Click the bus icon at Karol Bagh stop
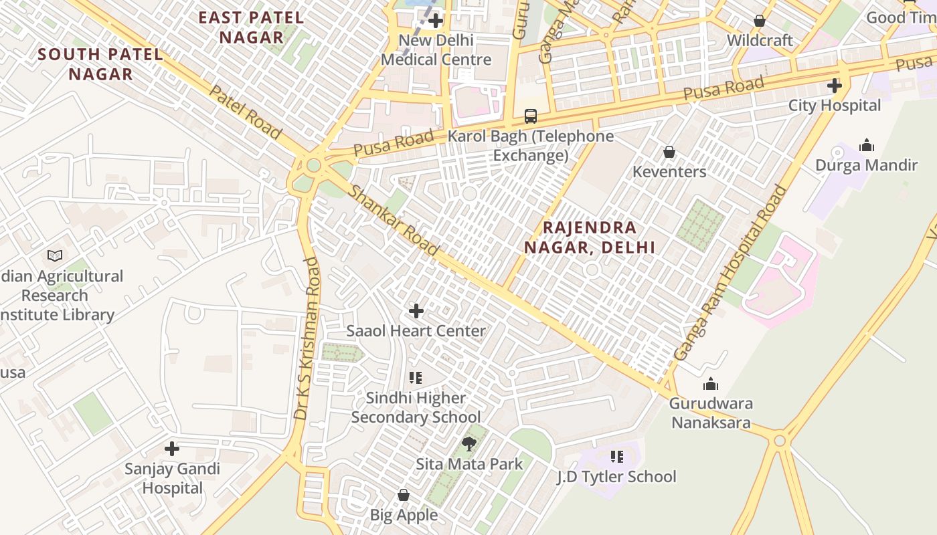530,116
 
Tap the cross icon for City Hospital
834,86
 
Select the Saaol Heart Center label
416,331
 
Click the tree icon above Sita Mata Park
469,443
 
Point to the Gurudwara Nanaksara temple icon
711,384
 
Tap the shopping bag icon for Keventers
669,152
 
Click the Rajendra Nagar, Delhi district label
589,237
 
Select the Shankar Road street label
394,221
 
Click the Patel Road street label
244,112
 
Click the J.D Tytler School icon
616,457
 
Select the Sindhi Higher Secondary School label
416,408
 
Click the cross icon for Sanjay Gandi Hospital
172,448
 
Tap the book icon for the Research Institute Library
55,255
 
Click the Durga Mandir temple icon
867,145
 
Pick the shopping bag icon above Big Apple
403,495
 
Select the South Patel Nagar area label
100,64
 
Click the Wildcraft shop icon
759,21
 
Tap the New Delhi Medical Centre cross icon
436,21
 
